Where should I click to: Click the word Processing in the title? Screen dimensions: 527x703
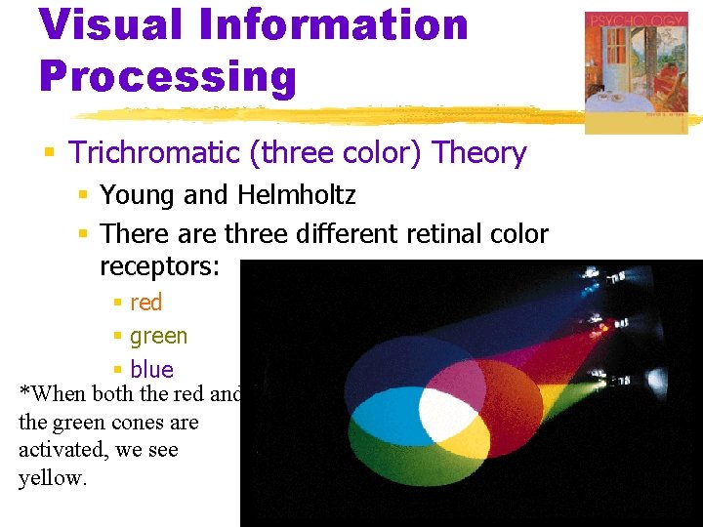[x=167, y=75]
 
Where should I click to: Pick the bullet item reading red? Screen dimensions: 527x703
[x=145, y=303]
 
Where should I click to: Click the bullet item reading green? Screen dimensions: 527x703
[x=158, y=336]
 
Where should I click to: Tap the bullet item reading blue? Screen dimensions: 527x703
[x=151, y=369]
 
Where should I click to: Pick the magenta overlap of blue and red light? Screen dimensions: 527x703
[x=449, y=376]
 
